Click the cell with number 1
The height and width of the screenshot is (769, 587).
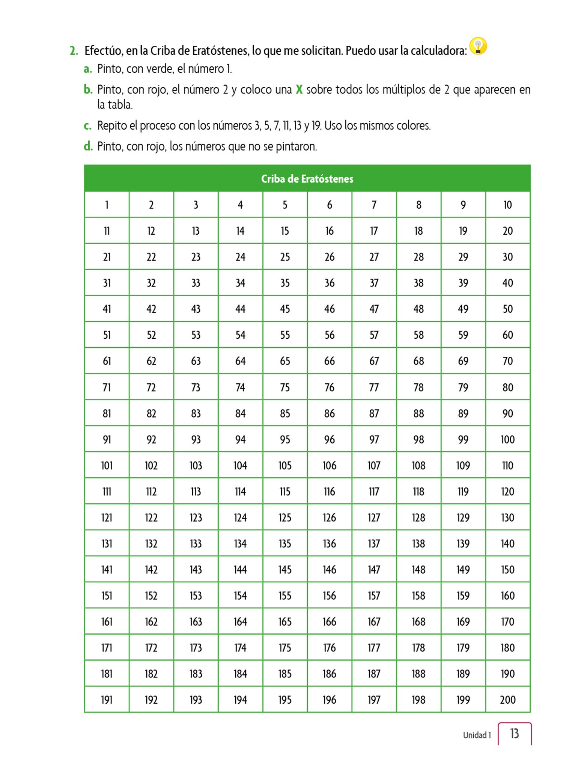(x=107, y=205)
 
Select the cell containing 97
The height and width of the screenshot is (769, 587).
(x=374, y=439)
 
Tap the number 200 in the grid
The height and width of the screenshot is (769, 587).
(x=507, y=700)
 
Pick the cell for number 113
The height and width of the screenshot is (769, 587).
(x=196, y=492)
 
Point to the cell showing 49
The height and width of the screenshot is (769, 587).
(x=463, y=309)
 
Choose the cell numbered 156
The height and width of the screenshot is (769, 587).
(x=329, y=596)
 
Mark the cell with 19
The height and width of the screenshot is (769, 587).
(x=463, y=231)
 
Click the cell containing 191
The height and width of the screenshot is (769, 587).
(x=107, y=700)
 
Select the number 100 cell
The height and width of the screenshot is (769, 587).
(x=507, y=439)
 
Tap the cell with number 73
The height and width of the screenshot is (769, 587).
(x=196, y=388)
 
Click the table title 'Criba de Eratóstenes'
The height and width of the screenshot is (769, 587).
(x=307, y=179)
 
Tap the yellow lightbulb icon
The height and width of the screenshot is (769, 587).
(x=478, y=46)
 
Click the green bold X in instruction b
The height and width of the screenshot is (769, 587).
(x=299, y=90)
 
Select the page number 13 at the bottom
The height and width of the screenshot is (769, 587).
(x=515, y=733)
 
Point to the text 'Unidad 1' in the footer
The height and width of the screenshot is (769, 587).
(x=477, y=735)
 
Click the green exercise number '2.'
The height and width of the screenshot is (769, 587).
(x=74, y=51)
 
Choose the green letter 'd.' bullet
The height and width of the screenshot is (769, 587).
(x=88, y=146)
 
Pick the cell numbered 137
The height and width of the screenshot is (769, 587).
(x=374, y=544)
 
